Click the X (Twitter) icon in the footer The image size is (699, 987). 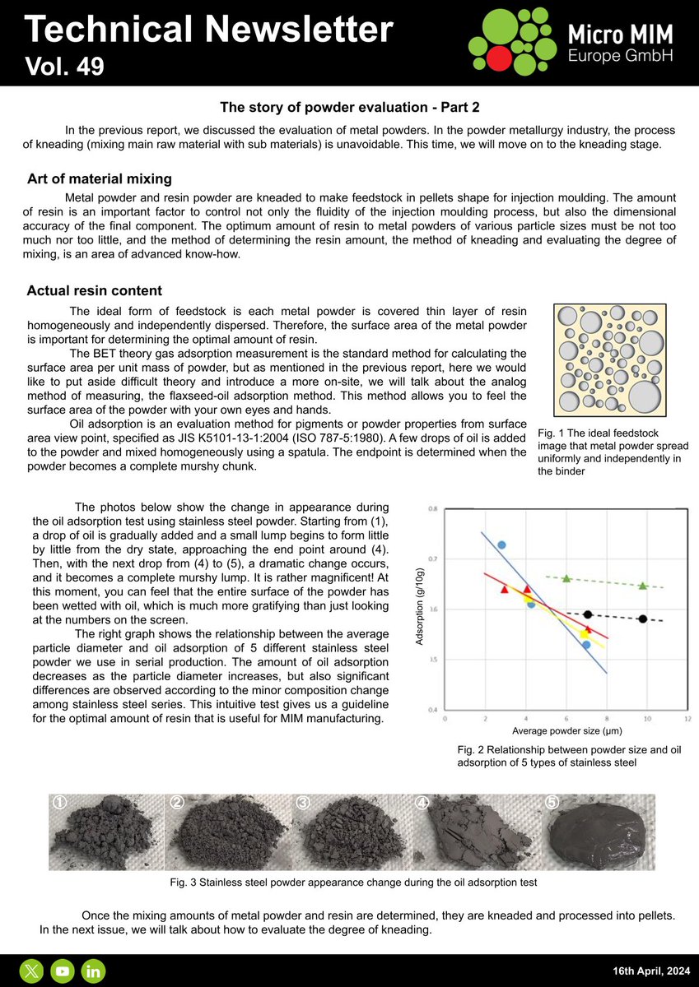(31, 971)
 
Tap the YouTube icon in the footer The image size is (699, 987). (62, 971)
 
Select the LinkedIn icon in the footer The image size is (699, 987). (93, 971)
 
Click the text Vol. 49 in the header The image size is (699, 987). (65, 66)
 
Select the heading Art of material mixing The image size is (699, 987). (100, 178)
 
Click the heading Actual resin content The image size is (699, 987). (94, 291)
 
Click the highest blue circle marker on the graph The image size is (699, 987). (501, 544)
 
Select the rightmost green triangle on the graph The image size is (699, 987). (643, 586)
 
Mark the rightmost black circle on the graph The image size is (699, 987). (642, 619)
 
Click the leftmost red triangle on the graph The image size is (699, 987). (505, 589)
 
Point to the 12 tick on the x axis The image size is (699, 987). (687, 718)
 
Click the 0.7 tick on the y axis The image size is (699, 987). (432, 558)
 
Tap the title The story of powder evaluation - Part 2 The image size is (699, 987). (348, 108)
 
